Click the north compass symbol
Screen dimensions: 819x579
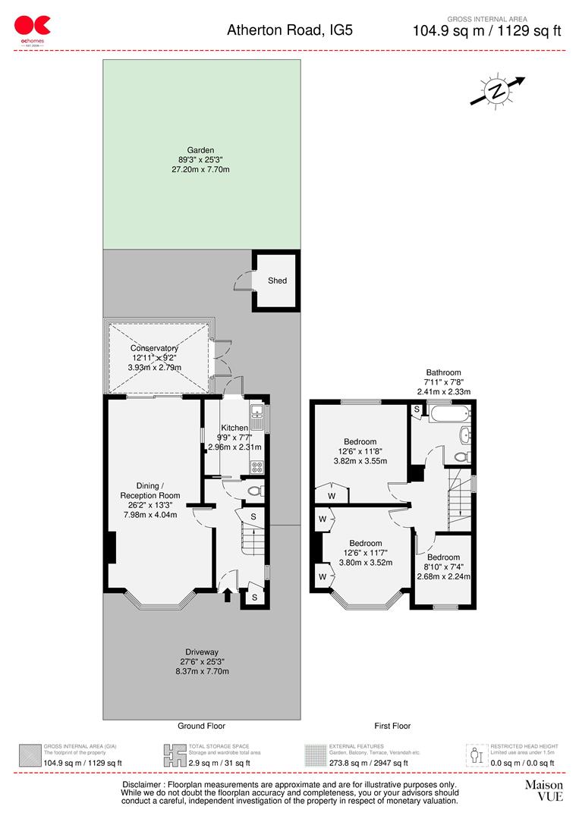pos(497,91)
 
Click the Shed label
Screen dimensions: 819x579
pos(277,281)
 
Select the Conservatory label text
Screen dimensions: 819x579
pos(153,349)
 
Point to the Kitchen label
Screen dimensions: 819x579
pos(234,428)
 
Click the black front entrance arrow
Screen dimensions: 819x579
pos(228,595)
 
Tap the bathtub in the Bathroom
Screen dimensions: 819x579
pos(450,414)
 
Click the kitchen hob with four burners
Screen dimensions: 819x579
pos(256,467)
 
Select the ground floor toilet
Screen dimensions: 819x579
pos(255,491)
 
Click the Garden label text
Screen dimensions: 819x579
pos(201,150)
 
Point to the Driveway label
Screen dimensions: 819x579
pos(201,652)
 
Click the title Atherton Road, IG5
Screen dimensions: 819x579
pos(290,30)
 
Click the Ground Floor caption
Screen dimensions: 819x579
pos(201,726)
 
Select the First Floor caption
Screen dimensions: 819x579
pos(392,726)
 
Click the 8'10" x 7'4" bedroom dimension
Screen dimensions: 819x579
pos(444,566)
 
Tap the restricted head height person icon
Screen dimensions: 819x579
pos(476,755)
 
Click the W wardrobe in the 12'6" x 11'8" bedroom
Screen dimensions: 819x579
pos(331,496)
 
